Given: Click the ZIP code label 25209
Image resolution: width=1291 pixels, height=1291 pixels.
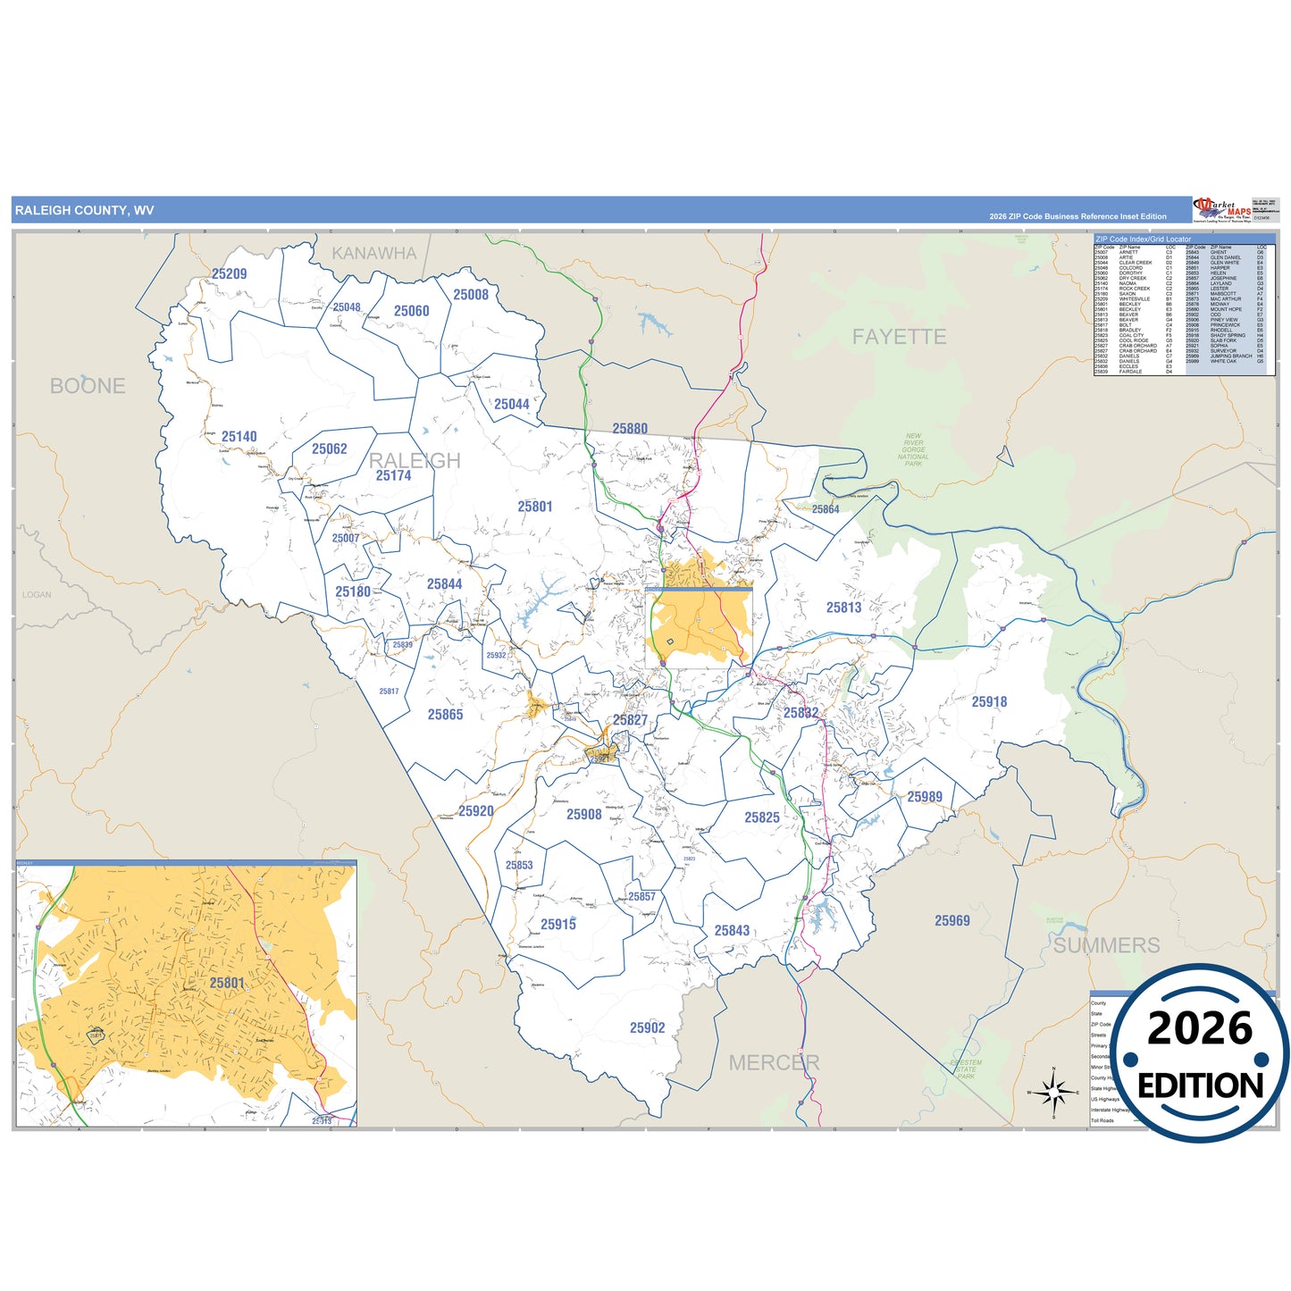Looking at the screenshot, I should (x=229, y=274).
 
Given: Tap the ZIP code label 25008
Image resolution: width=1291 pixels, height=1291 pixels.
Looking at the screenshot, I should (x=471, y=295).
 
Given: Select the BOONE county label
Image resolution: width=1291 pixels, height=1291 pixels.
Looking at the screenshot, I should (x=88, y=386).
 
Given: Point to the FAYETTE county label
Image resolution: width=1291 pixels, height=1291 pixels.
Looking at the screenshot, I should (x=899, y=337).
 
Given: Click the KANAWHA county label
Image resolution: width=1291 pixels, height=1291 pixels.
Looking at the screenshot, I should (x=374, y=254).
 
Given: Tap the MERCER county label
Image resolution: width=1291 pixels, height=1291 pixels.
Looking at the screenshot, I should (x=774, y=1062).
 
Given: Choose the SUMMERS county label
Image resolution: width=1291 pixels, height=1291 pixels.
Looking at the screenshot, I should (x=1106, y=945).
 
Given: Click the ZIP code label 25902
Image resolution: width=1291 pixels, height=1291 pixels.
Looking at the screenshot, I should (x=647, y=1028).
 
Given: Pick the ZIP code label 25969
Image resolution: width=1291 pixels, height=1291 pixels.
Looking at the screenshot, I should (x=951, y=921).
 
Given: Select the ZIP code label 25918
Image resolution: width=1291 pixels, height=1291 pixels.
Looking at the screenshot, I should (x=989, y=702).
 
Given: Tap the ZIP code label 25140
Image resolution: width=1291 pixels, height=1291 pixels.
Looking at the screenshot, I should (x=239, y=437).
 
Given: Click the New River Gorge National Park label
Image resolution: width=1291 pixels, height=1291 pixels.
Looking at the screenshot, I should (x=913, y=449).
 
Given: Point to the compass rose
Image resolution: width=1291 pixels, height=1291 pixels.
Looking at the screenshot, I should (x=1053, y=1092).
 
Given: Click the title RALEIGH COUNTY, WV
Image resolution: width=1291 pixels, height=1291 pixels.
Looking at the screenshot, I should (x=84, y=211).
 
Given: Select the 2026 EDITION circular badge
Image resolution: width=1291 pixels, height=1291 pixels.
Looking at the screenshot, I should (x=1200, y=1054).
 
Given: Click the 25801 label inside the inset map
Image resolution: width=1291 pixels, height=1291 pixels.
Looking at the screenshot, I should (x=227, y=983).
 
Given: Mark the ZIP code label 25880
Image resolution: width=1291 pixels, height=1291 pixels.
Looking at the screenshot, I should (x=630, y=429).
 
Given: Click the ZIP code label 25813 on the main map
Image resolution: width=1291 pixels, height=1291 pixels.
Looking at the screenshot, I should (x=843, y=608).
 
